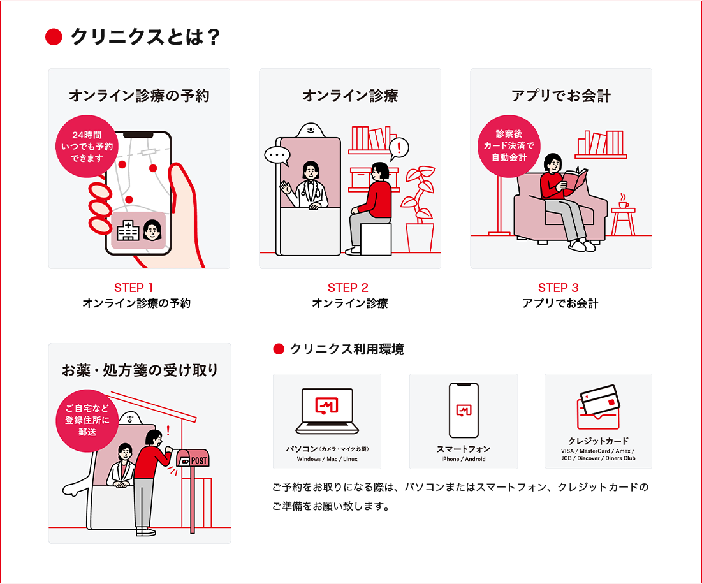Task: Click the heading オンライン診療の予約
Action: tap(139, 96)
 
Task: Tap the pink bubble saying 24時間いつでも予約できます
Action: tap(87, 145)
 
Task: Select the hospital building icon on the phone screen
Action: tap(128, 231)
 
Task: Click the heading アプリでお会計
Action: tap(561, 96)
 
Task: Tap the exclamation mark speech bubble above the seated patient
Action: tap(399, 149)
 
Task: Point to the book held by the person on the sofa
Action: tap(576, 180)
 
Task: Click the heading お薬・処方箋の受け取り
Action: tap(140, 370)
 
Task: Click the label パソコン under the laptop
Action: tap(302, 449)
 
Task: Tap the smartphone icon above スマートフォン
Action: tap(464, 410)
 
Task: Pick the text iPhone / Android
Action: tap(464, 459)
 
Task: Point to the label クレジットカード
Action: tap(598, 441)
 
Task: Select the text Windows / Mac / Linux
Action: tap(327, 459)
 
